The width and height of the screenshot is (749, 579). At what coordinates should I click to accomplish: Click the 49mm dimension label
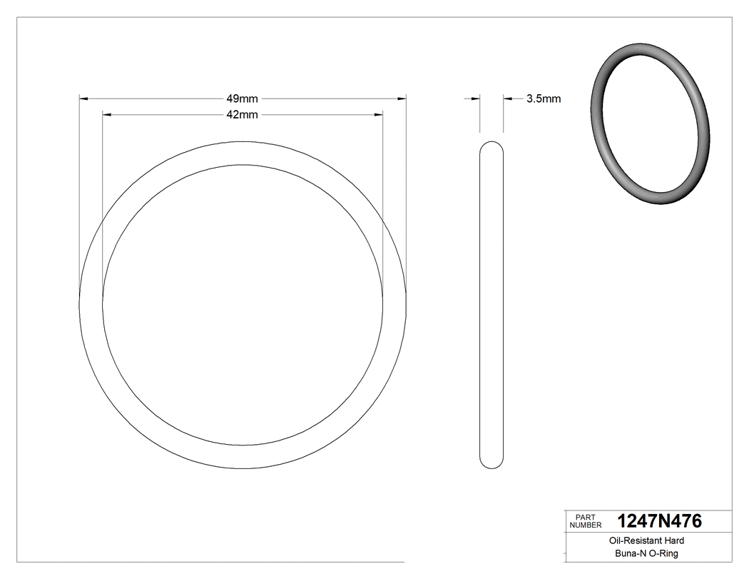[242, 99]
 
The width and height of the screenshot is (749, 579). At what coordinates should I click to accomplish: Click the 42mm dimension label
[242, 114]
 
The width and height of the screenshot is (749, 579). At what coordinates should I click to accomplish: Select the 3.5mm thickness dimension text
[544, 99]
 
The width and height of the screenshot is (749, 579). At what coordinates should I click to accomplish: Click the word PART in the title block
[585, 517]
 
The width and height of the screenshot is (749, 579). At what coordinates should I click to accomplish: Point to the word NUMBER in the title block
[586, 525]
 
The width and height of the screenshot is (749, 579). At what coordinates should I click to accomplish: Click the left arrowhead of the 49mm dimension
[83, 99]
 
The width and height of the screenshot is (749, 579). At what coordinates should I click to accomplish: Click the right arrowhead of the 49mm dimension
[402, 99]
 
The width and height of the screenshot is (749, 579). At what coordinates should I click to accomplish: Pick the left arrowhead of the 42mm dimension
[107, 114]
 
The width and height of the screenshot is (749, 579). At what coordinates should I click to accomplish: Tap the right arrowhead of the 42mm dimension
[379, 114]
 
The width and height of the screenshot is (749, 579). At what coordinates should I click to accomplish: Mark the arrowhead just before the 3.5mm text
[508, 99]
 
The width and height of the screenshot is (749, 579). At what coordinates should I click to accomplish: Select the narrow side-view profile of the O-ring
[491, 305]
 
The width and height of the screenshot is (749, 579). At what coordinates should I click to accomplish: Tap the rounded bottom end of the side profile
[491, 465]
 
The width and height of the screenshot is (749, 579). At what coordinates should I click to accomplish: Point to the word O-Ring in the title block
[663, 553]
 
